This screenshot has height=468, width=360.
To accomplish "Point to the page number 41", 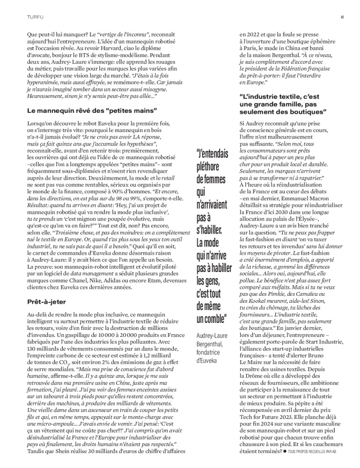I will (x=343, y=18).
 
